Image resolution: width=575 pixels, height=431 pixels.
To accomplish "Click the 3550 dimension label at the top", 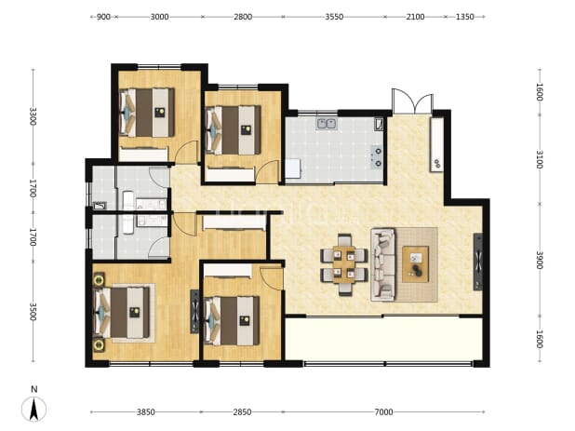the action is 334,17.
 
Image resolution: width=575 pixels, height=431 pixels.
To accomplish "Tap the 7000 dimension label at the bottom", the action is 383,412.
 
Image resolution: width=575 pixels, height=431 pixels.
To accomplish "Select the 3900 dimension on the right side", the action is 540,260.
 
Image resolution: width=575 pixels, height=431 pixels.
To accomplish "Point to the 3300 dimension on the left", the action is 33,116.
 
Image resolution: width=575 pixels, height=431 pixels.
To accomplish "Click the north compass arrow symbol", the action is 33,409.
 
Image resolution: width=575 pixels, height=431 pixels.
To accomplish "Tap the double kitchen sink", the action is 327,124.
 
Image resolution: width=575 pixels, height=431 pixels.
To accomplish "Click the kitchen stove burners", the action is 378,157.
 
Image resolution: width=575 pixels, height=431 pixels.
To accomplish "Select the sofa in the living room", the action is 382,264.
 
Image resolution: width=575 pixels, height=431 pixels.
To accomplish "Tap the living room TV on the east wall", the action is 478,262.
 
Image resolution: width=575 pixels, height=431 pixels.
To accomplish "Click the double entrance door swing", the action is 412,101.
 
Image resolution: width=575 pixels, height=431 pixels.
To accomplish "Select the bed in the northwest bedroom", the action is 147,113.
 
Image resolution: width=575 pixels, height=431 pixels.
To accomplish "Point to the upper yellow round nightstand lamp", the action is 99,280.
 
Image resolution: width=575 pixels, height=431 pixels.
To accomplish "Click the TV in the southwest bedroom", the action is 194,312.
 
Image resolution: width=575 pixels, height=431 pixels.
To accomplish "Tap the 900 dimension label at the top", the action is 103,17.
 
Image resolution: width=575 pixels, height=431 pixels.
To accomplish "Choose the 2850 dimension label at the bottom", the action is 243,412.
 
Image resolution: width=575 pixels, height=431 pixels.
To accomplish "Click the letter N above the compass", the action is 34,389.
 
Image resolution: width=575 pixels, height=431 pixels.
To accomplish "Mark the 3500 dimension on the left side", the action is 33,312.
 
